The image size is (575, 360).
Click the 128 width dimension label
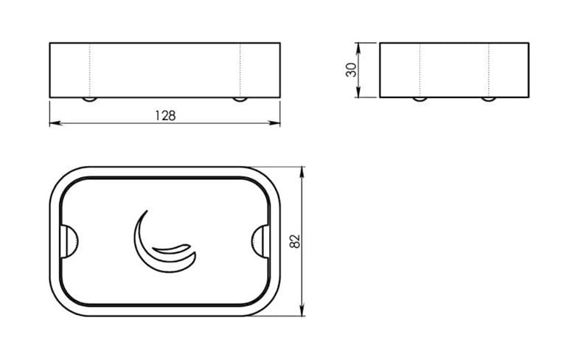pos(165,116)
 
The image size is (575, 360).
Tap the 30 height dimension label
pos(351,70)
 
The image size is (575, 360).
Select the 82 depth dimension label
pos(295,241)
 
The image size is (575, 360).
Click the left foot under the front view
pos(89,99)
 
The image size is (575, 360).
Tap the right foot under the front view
pos(240,99)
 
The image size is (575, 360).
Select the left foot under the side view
pos(419,99)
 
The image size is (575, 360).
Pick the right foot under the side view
pos(489,99)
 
